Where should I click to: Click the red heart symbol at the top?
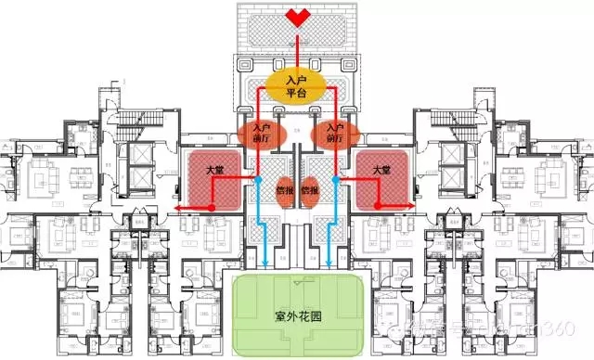tap(297, 17)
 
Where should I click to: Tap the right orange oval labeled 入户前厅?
tap(335, 133)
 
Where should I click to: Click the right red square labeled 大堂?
tap(380, 174)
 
